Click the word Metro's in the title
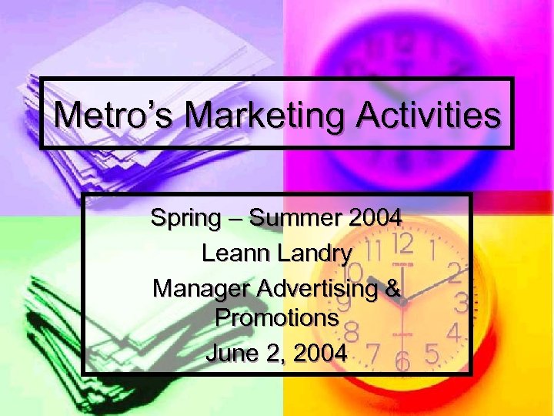coord(116,115)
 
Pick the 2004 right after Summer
coord(374,218)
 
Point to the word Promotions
coord(277,317)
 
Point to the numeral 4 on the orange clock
coord(454,334)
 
